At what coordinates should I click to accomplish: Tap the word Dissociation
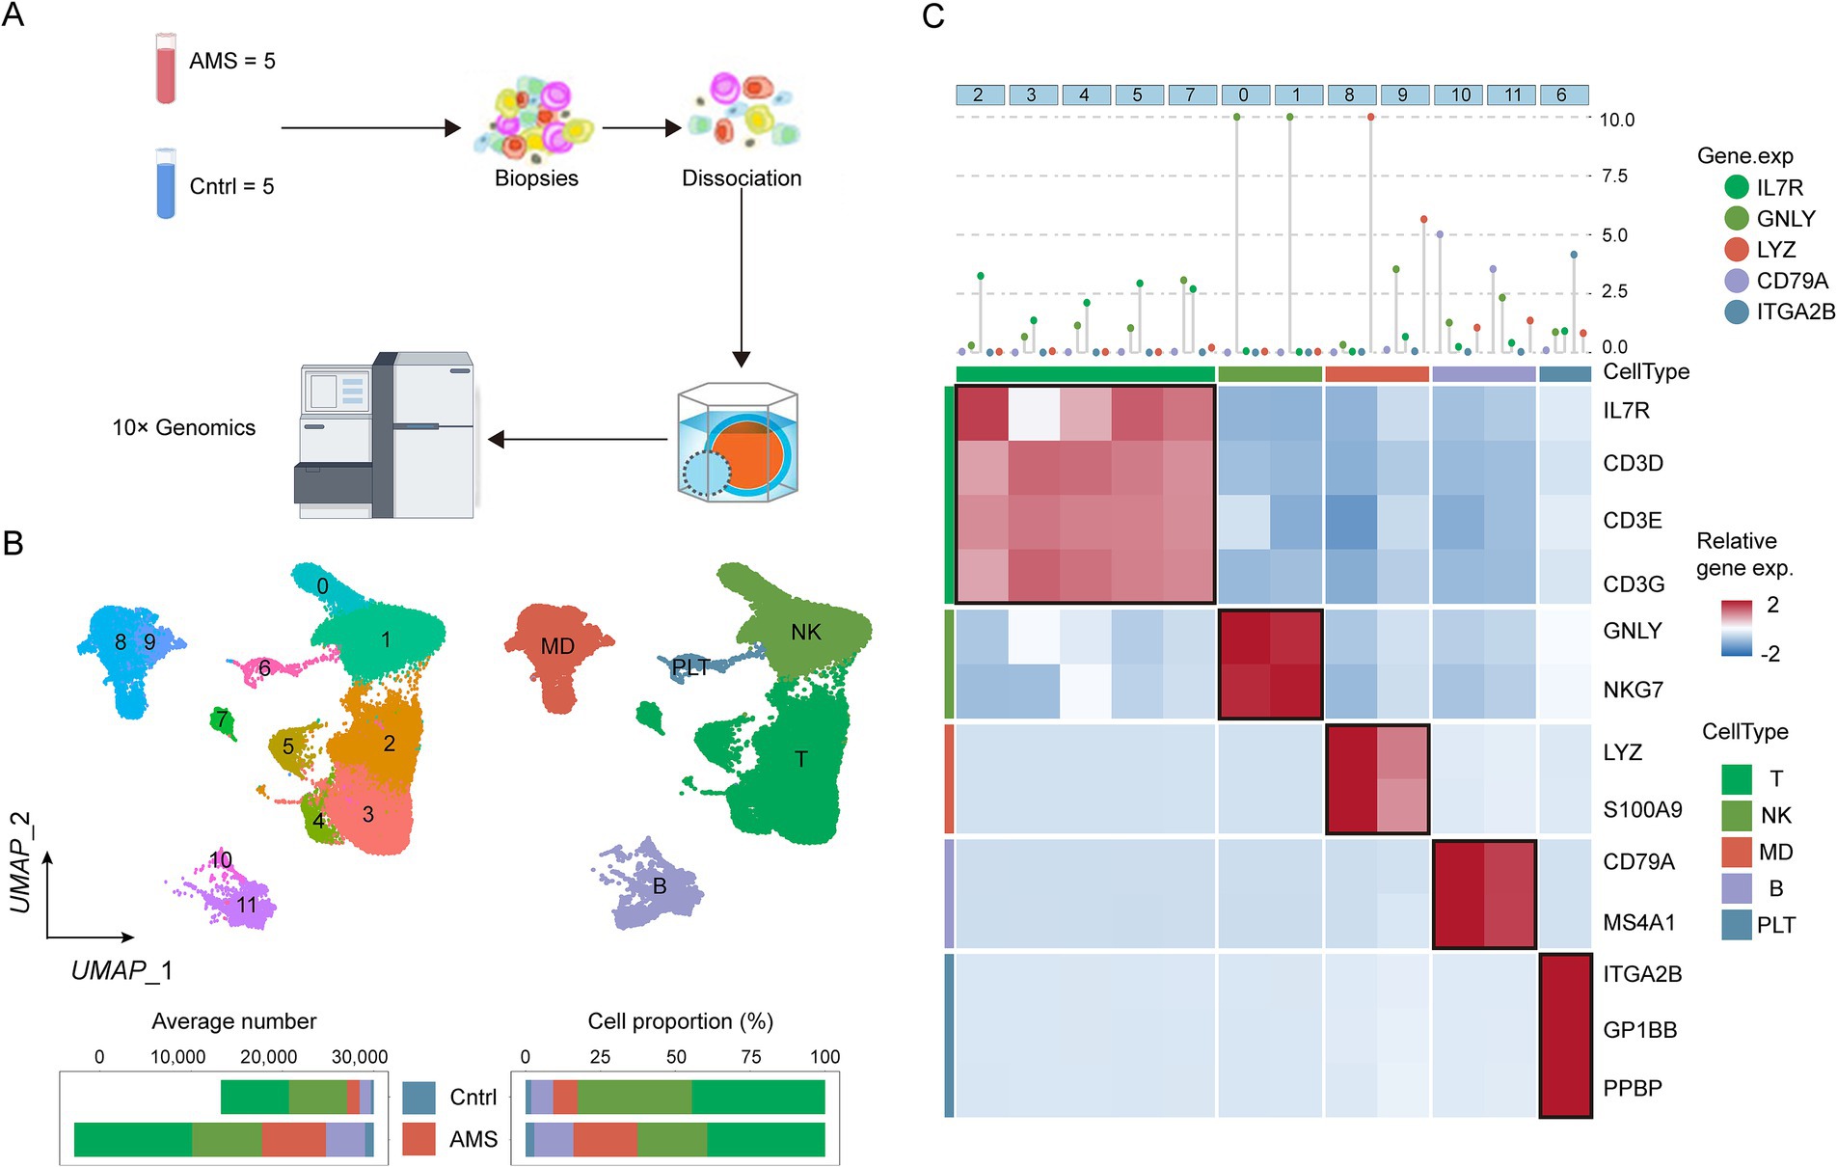point(741,178)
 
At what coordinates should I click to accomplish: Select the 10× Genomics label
point(183,427)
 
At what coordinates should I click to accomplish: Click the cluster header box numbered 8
point(1349,95)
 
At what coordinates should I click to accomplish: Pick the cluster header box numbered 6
point(1561,95)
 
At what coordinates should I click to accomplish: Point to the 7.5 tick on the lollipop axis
point(1613,176)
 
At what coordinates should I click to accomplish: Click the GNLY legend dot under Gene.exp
point(1736,218)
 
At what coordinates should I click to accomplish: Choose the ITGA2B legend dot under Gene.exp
point(1736,312)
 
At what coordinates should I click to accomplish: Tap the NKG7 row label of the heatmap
point(1633,690)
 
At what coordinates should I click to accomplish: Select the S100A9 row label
point(1642,809)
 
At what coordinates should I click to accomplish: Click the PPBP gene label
point(1633,1088)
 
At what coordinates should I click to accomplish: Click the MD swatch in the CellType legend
point(1736,852)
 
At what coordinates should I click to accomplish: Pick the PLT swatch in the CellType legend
point(1736,925)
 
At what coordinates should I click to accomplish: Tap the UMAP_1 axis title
point(122,969)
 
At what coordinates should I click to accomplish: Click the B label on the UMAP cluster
point(660,885)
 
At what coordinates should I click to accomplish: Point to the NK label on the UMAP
point(805,632)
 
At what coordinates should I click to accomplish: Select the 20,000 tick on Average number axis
point(268,1057)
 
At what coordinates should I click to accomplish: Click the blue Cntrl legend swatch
point(419,1098)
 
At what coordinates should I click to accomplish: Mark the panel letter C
point(932,16)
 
